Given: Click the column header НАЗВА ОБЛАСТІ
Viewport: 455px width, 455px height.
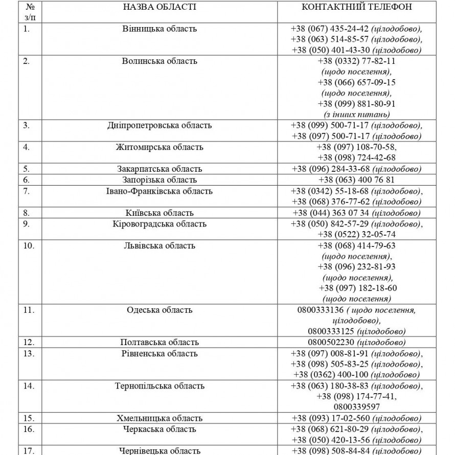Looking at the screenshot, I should tap(160, 7).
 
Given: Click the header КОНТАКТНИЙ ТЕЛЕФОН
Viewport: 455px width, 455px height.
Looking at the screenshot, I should tap(357, 7).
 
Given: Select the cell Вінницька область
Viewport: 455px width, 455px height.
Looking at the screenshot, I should tap(160, 29).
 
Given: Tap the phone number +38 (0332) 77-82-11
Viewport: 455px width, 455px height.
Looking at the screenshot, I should tap(356, 61).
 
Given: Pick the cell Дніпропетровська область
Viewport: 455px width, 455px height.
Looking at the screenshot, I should tap(160, 126).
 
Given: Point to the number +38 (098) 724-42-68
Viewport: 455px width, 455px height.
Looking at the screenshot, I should tap(356, 158).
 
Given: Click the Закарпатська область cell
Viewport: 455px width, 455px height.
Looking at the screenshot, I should tap(160, 169).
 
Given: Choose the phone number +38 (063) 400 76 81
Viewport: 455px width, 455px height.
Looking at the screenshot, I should tap(356, 180).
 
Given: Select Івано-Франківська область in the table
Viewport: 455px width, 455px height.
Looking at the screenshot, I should tap(160, 191).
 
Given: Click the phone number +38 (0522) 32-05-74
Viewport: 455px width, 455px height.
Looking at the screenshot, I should tap(356, 235).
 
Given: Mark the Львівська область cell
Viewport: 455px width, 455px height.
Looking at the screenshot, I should tap(160, 245).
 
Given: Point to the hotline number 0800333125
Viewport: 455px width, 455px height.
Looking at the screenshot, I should tap(332, 331).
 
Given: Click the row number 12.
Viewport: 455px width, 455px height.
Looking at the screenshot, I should tap(29, 342).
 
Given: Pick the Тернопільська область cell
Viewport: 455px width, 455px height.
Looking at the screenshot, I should tap(160, 386).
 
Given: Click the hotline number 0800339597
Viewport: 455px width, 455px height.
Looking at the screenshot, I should tap(356, 407).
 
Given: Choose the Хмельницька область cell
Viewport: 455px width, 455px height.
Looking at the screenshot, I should tap(160, 418).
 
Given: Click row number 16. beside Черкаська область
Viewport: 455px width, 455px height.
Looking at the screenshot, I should tap(29, 429).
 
